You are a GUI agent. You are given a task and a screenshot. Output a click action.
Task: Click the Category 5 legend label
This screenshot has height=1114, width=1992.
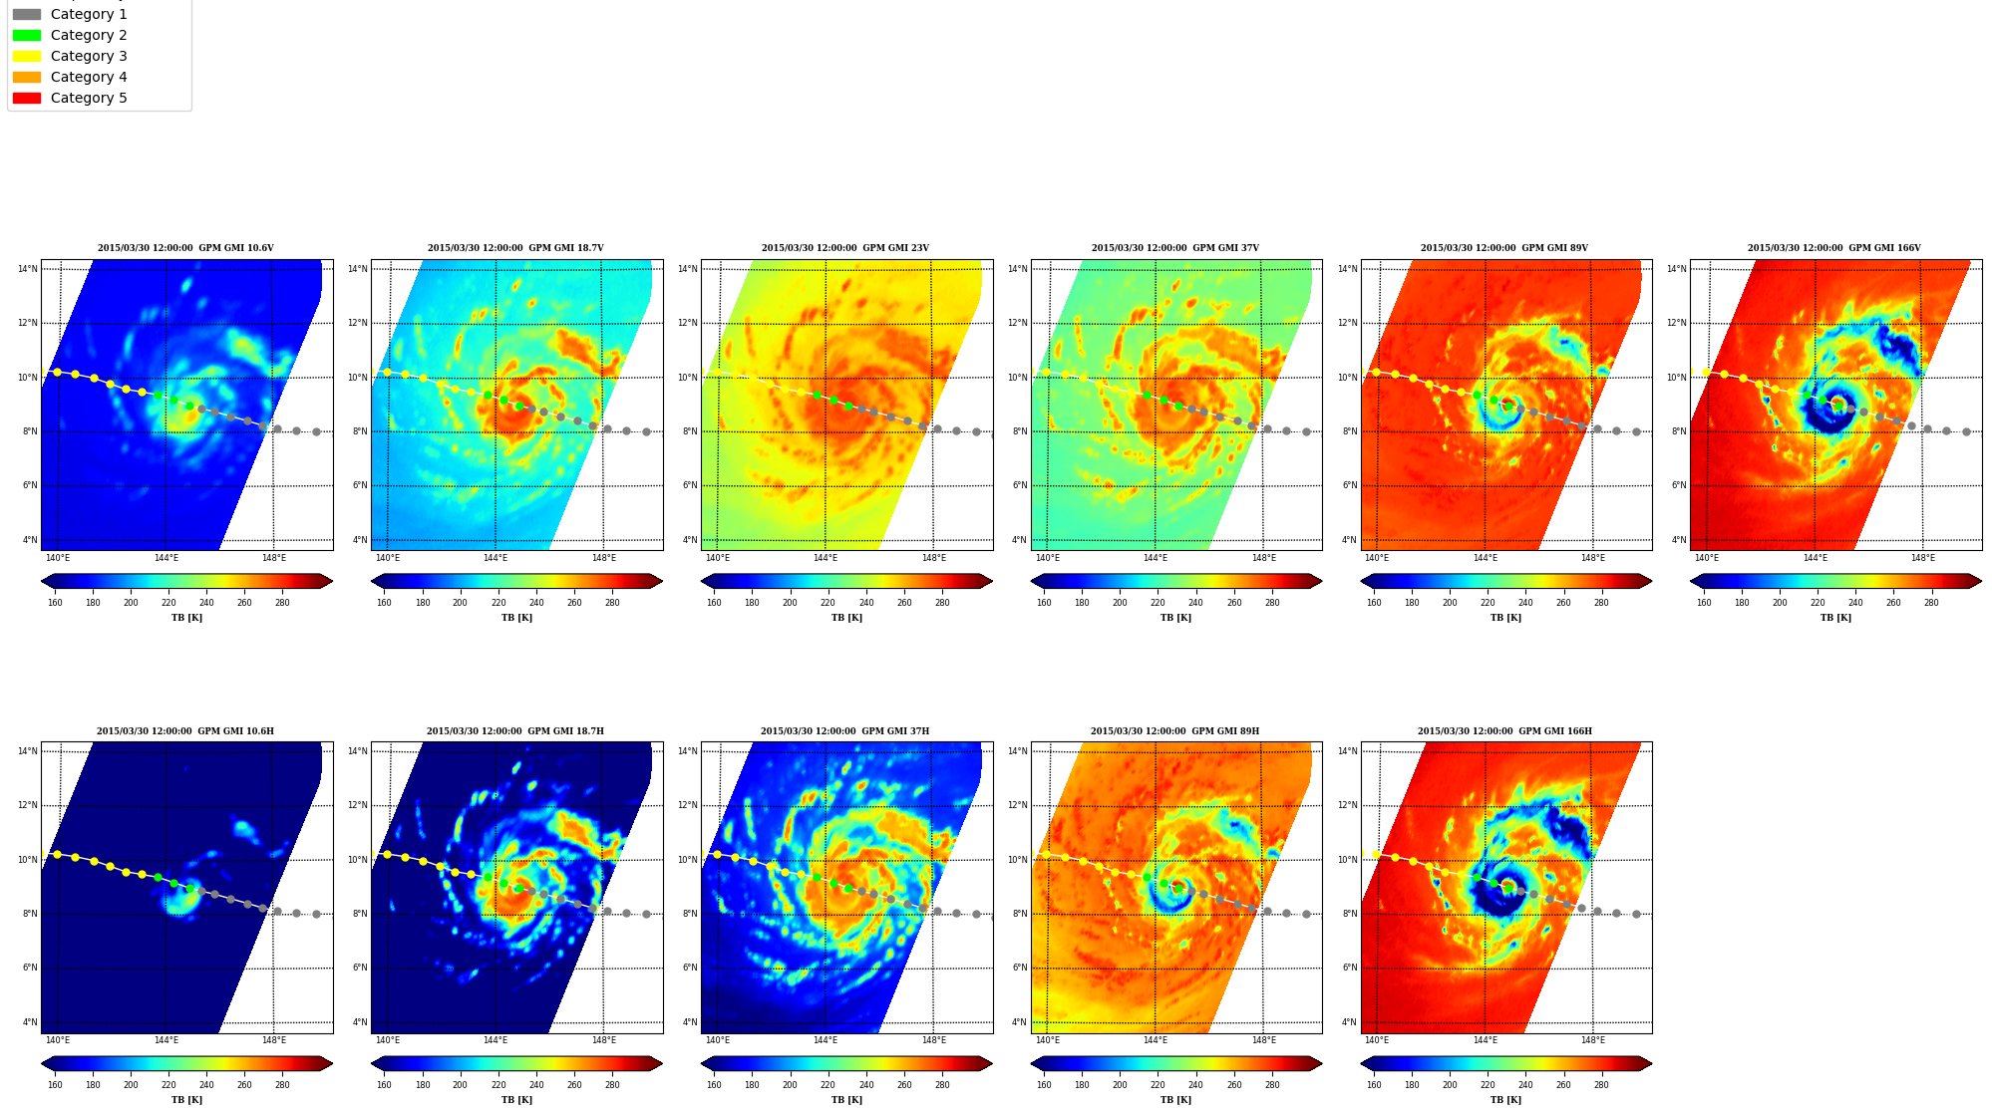89,98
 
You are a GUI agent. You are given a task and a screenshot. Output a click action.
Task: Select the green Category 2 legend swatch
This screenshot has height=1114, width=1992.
27,35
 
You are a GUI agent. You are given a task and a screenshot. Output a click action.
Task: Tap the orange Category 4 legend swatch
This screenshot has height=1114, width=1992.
27,77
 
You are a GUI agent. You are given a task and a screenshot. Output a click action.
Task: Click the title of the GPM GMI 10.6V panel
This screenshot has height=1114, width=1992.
185,248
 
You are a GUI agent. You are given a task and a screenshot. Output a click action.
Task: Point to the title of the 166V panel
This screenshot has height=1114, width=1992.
1833,248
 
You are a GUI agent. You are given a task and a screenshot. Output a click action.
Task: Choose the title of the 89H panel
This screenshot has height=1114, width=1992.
1174,731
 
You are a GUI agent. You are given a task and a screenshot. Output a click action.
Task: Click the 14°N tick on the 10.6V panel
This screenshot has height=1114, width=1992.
27,269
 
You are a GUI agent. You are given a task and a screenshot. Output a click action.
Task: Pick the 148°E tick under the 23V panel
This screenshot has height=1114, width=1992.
933,558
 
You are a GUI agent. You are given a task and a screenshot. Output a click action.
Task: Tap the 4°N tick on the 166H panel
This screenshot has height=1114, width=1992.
1348,1022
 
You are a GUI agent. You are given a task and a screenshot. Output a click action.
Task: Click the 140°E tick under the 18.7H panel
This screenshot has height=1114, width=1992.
388,1040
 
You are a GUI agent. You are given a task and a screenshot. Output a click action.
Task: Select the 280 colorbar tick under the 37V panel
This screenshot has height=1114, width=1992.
1272,602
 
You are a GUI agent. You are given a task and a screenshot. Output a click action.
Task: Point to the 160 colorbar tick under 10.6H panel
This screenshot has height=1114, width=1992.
55,1084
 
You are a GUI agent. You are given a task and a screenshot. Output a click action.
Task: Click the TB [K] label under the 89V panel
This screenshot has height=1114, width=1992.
1505,618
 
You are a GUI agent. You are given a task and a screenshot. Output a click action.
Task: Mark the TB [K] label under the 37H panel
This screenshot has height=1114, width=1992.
846,1100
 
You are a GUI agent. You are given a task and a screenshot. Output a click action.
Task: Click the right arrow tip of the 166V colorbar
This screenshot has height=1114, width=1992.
1981,581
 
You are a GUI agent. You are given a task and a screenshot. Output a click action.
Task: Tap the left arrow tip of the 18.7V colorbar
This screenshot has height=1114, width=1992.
372,581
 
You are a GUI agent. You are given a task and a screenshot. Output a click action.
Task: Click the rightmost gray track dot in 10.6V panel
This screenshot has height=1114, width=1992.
316,431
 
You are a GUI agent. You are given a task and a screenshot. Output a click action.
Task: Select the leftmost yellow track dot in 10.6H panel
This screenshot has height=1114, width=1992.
57,854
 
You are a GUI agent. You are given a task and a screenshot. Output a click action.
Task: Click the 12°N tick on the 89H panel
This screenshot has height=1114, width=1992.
1017,805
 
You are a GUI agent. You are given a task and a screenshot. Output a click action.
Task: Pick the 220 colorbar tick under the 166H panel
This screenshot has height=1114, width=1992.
1488,1084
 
